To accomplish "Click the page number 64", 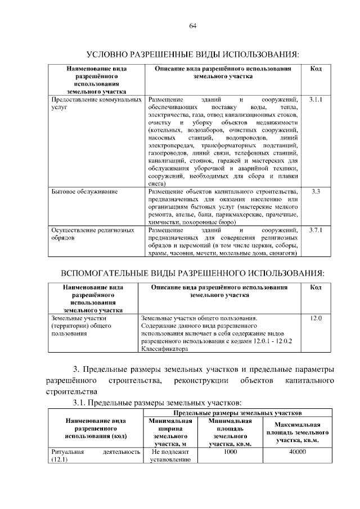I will pyautogui.click(x=192, y=26).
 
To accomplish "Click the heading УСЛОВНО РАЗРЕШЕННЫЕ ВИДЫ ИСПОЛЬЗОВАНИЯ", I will pyautogui.click(x=192, y=55).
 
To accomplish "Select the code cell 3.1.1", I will pyautogui.click(x=316, y=99).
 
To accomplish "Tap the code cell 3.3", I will pyautogui.click(x=316, y=192).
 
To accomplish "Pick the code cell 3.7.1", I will pyautogui.click(x=316, y=230).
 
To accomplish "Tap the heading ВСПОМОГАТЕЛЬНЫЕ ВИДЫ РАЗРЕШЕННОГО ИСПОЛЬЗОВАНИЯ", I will pyautogui.click(x=192, y=273).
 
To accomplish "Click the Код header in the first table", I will pyautogui.click(x=316, y=69).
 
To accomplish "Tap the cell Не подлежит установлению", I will pyautogui.click(x=171, y=455).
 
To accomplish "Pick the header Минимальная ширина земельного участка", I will pyautogui.click(x=171, y=432).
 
